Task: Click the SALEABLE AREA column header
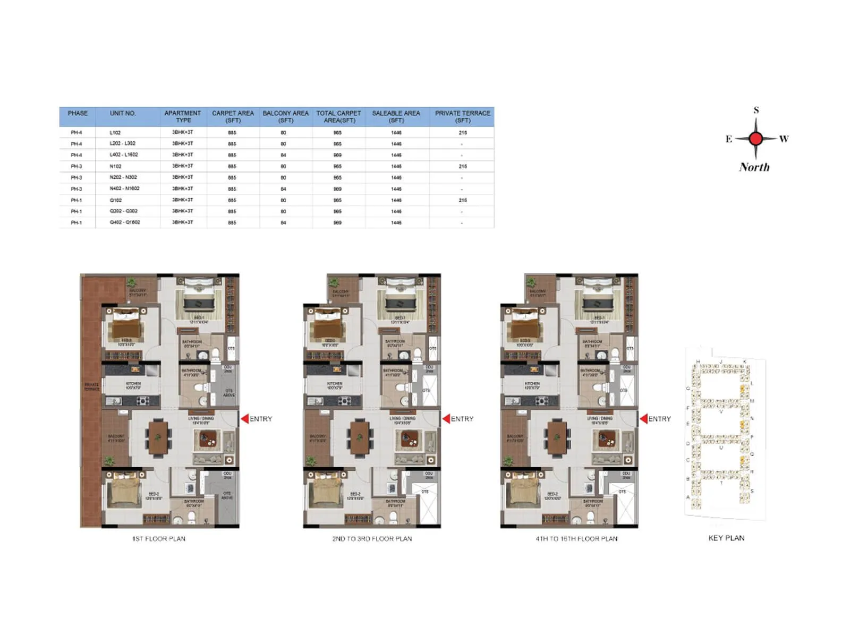[396, 116]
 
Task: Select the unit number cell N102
[116, 166]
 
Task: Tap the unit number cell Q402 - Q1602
[125, 222]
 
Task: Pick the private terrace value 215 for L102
[463, 133]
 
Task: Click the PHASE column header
[78, 113]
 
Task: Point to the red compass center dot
[755, 139]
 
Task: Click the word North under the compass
[754, 167]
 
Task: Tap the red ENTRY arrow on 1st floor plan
[245, 419]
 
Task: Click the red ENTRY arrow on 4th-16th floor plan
[643, 419]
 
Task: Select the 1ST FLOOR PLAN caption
[159, 539]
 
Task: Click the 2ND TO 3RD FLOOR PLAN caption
[372, 539]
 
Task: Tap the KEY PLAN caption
[726, 538]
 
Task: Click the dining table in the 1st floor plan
[158, 438]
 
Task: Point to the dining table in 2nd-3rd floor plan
[360, 438]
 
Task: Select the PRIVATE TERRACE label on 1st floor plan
[91, 386]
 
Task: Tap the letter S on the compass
[756, 110]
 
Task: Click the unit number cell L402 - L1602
[124, 155]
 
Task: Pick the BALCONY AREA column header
[285, 116]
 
